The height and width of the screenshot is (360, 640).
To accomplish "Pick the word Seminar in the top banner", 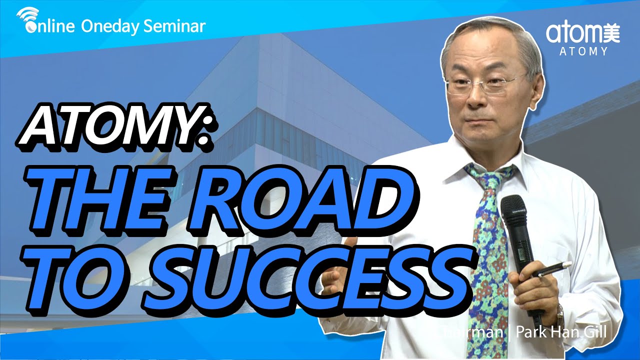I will pos(174,26).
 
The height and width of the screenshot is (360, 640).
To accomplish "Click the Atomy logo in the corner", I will pos(582,33).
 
